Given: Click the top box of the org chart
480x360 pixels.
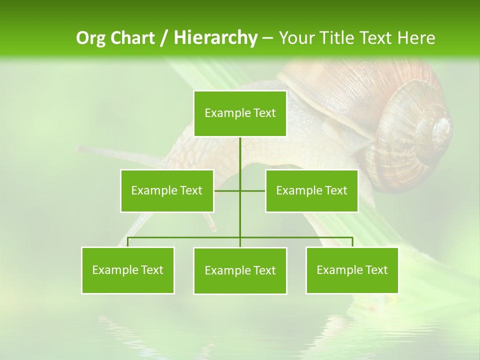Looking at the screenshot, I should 240,113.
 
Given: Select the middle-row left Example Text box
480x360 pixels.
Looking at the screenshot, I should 167,190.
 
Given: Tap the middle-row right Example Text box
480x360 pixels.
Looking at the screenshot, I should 311,190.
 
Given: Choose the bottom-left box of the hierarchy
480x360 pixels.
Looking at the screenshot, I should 128,270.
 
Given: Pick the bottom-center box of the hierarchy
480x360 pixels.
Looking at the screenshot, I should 240,270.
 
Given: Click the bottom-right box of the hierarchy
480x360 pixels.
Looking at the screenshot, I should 352,270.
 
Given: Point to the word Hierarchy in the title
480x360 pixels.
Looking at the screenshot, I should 215,38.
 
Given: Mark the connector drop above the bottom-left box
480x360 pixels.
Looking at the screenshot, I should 128,242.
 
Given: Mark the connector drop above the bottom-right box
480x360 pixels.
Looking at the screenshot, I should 352,242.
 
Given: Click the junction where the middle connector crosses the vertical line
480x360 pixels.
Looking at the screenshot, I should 240,190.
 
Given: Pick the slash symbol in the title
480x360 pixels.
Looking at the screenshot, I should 164,38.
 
